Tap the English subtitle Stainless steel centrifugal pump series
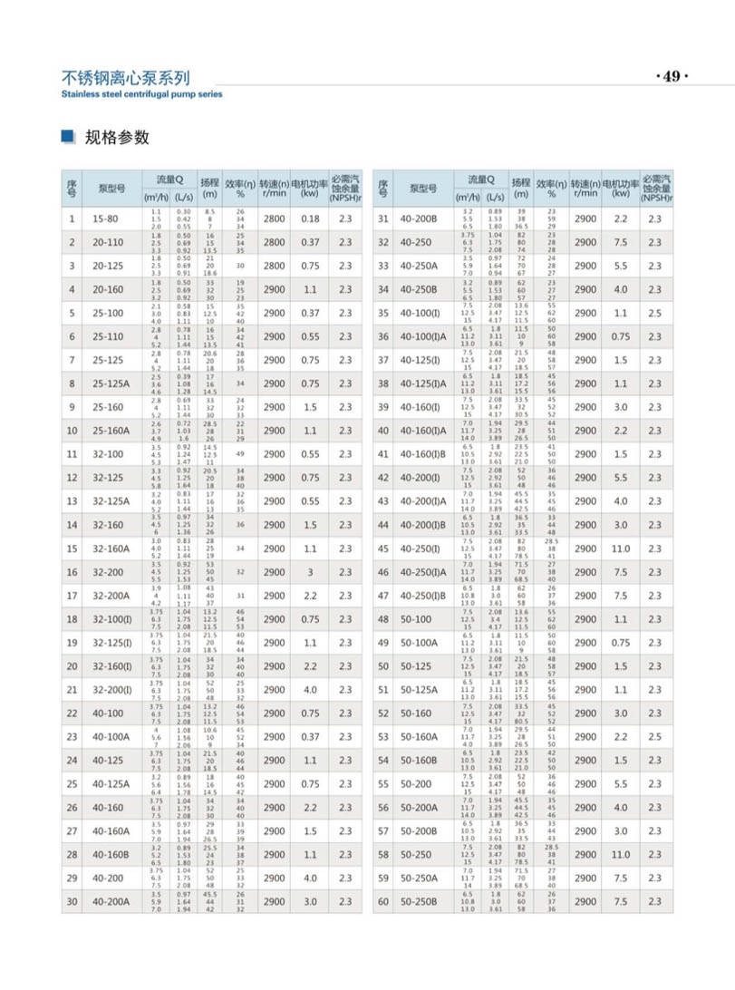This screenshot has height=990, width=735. (x=140, y=93)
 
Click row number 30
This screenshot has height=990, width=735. (x=72, y=926)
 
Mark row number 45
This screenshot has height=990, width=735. (x=383, y=548)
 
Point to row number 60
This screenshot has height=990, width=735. (x=383, y=926)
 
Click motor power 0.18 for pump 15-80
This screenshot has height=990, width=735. (x=311, y=218)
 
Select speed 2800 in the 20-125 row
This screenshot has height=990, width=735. (x=274, y=266)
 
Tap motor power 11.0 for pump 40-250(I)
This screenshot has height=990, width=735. (x=620, y=548)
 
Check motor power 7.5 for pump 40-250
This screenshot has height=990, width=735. (x=620, y=242)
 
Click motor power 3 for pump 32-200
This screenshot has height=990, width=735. (x=311, y=572)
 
